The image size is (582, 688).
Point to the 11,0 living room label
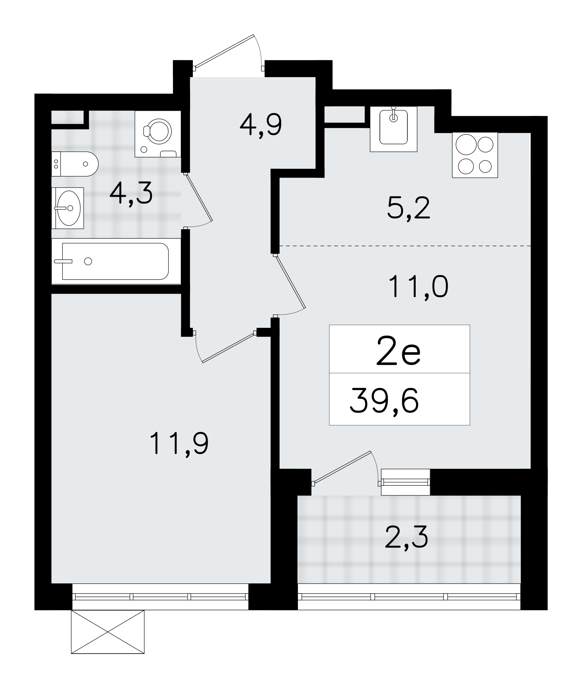tap(418, 288)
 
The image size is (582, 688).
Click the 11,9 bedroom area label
tap(179, 444)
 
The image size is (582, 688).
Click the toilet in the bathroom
tap(75, 164)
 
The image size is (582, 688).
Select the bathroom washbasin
tap(68, 208)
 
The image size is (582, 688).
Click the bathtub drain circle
tap(88, 261)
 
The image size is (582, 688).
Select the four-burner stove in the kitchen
tap(475, 155)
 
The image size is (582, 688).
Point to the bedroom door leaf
tap(228, 347)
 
